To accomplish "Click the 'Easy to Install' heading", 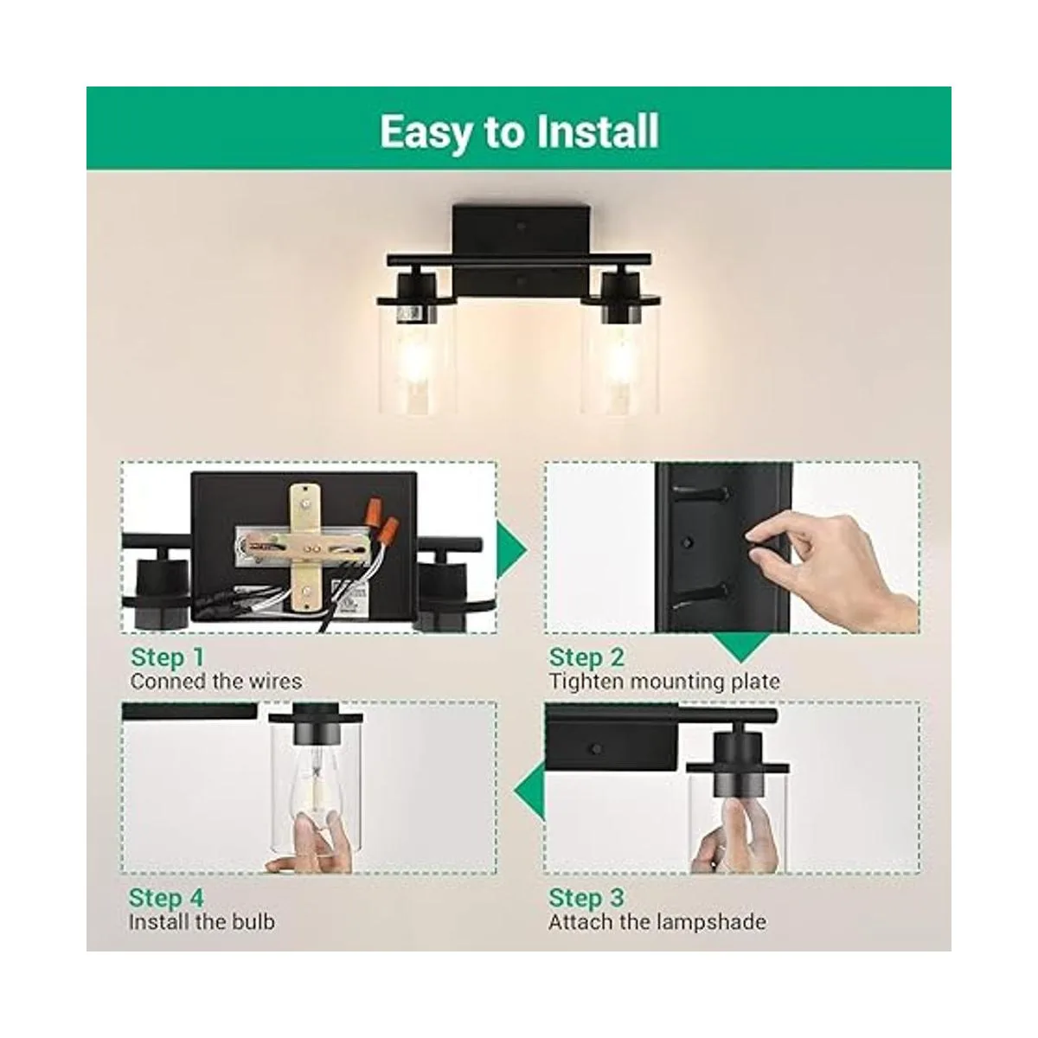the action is [519, 131].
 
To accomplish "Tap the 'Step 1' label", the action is [168, 657].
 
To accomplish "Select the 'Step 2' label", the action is [586, 657].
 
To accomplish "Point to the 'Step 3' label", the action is [586, 898].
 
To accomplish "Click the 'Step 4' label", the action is [166, 898].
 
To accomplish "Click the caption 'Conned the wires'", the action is [216, 682].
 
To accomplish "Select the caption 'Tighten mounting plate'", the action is [664, 682].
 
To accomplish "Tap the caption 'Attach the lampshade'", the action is [657, 922].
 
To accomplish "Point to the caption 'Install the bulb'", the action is [202, 922].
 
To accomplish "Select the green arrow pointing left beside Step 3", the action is [529, 791].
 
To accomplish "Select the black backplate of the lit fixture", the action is [521, 251].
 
